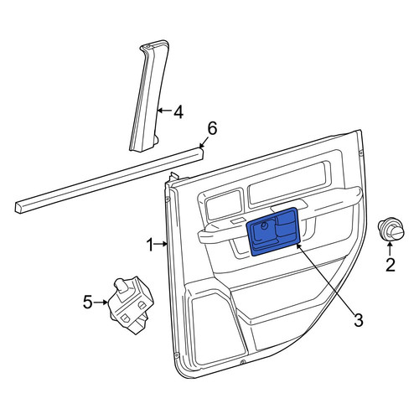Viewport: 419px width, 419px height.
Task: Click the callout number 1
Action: click(x=151, y=245)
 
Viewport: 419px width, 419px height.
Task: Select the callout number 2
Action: click(x=391, y=265)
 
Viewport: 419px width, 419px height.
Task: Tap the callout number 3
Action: click(x=359, y=320)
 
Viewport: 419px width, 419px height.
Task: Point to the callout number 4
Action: click(x=178, y=112)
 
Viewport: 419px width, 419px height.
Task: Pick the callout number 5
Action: click(x=88, y=303)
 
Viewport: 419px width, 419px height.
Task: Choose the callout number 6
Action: click(x=212, y=129)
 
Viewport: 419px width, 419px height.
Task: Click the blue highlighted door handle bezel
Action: click(x=273, y=231)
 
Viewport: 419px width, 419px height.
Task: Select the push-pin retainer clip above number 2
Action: click(x=391, y=229)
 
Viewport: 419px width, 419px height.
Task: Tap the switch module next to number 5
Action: click(x=132, y=305)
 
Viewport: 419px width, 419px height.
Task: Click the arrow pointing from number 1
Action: click(x=161, y=245)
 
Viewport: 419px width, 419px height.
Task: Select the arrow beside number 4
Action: click(x=164, y=111)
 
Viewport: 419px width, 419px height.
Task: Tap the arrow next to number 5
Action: click(x=101, y=302)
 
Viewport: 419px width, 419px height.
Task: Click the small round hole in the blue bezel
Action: click(x=264, y=225)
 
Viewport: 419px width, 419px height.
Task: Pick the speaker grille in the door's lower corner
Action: click(x=219, y=328)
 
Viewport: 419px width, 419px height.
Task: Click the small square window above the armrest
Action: click(x=224, y=204)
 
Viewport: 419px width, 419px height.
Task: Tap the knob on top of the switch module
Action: click(x=121, y=285)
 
